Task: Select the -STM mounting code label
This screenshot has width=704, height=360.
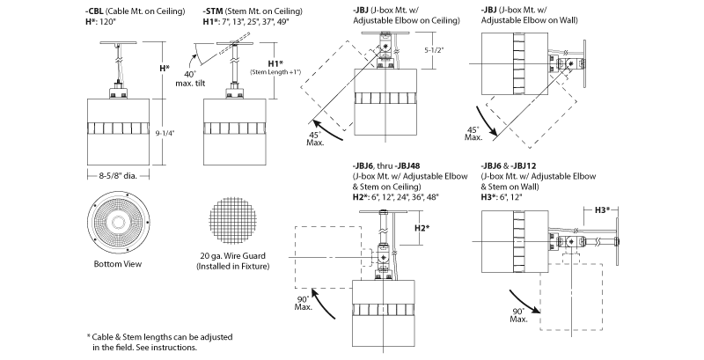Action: coord(213,11)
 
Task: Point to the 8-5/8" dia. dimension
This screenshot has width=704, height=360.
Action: coord(118,176)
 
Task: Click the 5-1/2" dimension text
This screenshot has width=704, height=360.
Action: coord(434,50)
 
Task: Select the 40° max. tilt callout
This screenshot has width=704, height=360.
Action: coord(190,79)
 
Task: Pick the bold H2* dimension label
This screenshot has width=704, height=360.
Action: coord(422,228)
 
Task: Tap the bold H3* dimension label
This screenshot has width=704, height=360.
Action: coord(602,209)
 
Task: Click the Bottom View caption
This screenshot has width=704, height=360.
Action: coord(118,264)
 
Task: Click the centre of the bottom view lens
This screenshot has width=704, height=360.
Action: coord(118,222)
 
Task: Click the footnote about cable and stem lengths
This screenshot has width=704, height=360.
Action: coord(159,342)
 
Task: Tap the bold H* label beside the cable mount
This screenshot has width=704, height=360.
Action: coord(165,69)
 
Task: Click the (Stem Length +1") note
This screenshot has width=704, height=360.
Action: coord(275,72)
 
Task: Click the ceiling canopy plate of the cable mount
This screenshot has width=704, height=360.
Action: coord(118,42)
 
